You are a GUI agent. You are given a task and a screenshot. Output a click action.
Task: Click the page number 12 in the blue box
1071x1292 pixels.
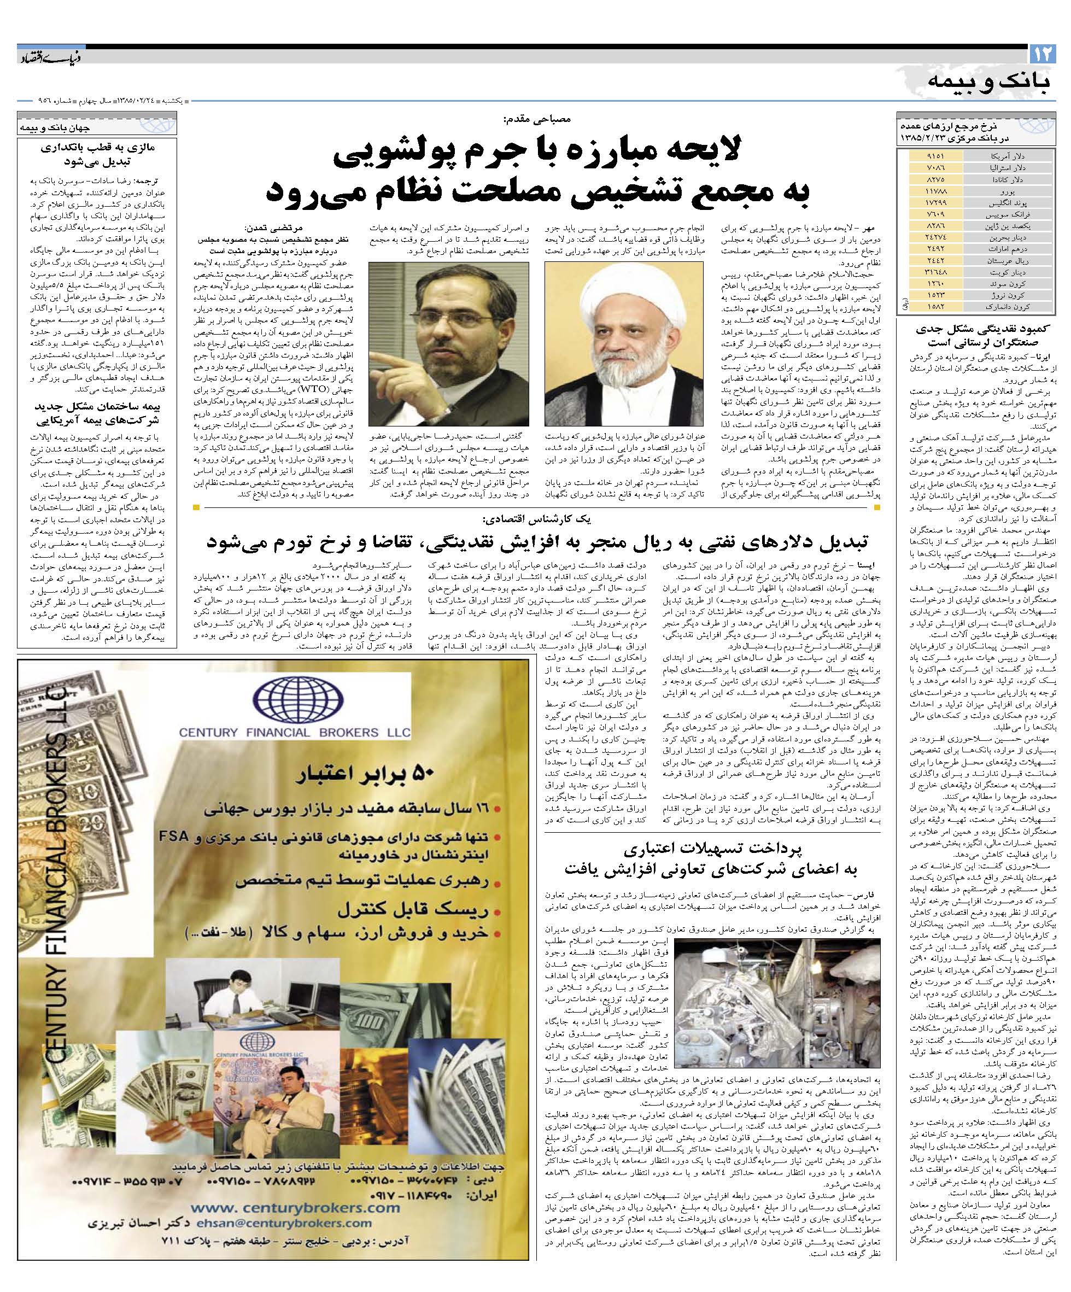1043,54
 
